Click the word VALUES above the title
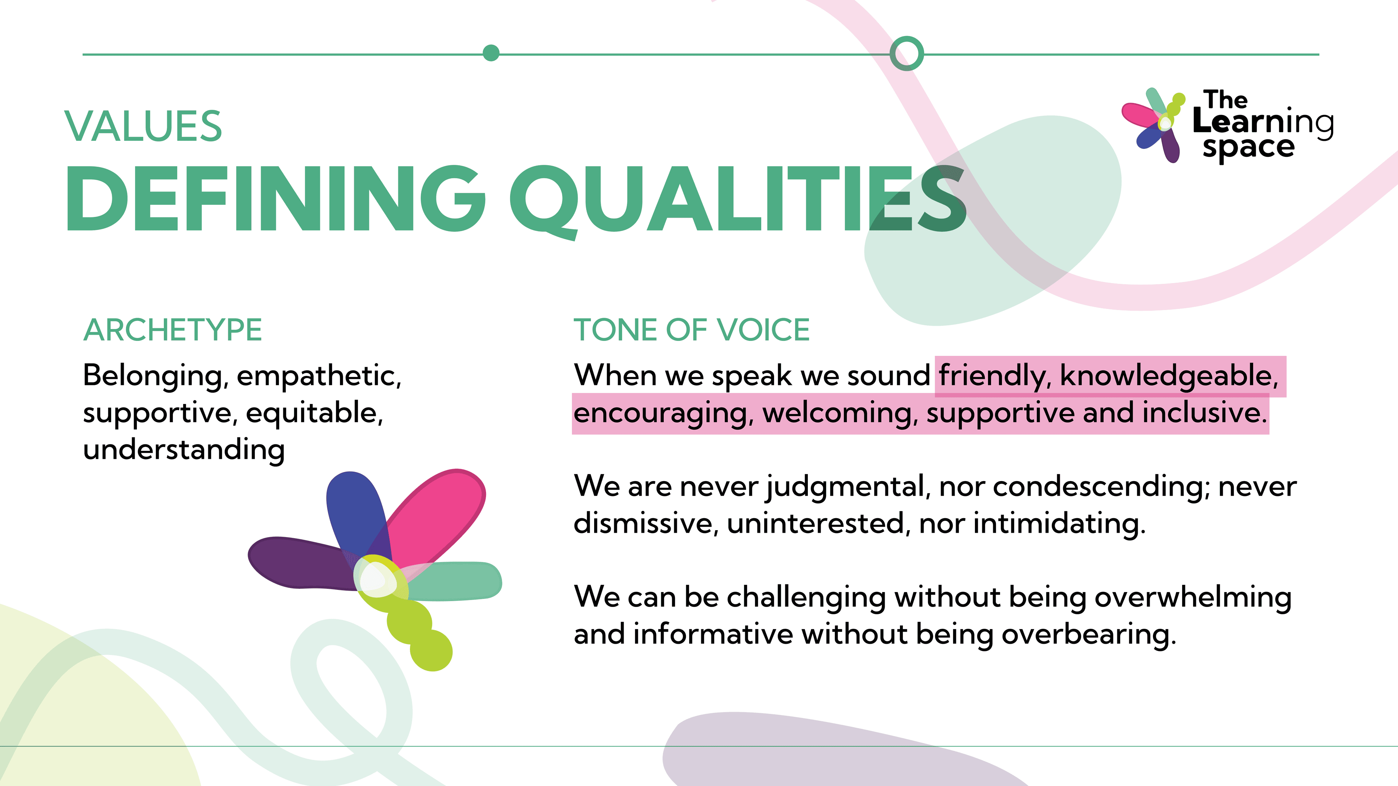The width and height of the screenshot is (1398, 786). click(143, 126)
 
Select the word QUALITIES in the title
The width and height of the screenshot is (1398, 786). click(738, 202)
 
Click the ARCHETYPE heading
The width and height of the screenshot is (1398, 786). click(173, 330)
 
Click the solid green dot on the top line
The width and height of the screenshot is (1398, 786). click(491, 53)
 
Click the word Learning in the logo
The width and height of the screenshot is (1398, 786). click(1263, 123)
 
